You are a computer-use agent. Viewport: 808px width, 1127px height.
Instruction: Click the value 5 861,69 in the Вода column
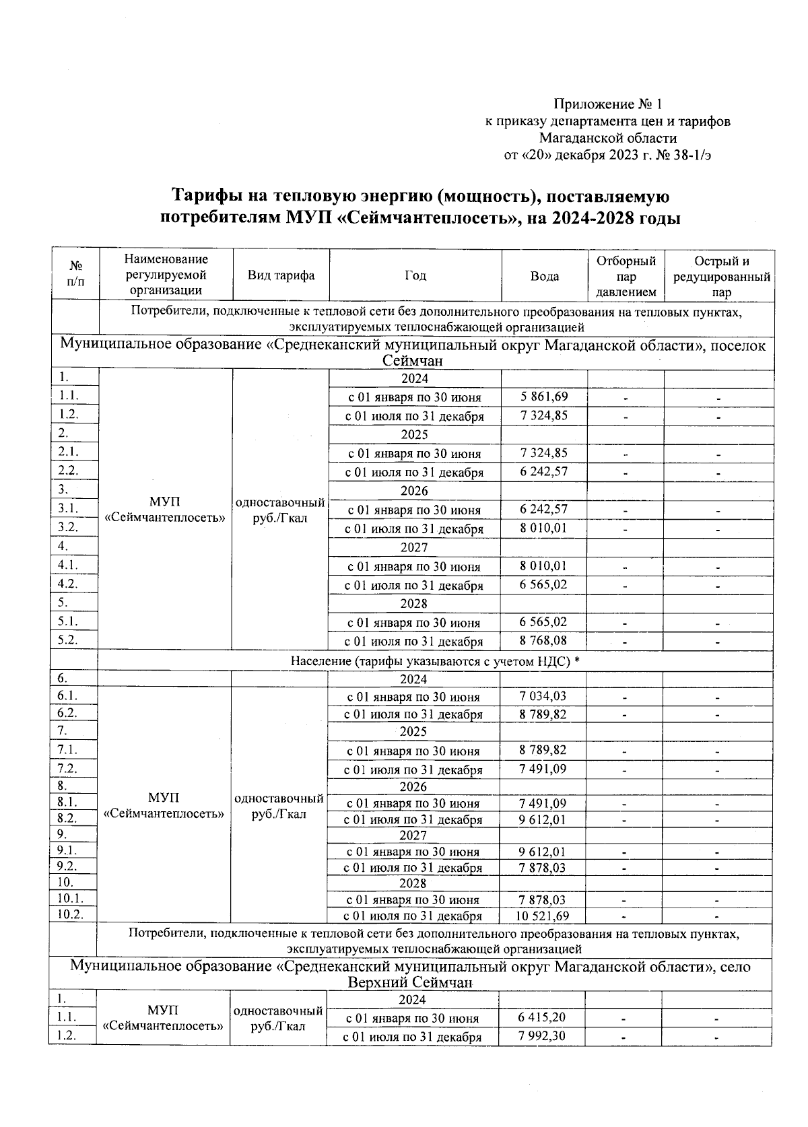(543, 397)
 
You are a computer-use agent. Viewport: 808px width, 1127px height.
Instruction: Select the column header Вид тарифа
(281, 275)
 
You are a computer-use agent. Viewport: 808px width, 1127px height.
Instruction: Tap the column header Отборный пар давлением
(626, 276)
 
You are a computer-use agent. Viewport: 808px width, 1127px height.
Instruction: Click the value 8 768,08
(543, 641)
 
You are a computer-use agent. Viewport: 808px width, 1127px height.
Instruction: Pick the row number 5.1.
(67, 621)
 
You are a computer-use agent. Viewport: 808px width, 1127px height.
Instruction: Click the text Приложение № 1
(607, 104)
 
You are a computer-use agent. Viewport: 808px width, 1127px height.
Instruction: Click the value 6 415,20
(541, 1017)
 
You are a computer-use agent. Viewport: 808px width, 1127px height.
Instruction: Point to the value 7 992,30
(541, 1036)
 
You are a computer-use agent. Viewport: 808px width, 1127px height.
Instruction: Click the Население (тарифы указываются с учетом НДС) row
(435, 661)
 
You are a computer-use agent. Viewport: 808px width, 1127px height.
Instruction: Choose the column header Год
(415, 275)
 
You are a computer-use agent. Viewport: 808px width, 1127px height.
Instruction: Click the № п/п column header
(76, 275)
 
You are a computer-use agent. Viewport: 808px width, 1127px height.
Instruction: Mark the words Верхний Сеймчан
(410, 982)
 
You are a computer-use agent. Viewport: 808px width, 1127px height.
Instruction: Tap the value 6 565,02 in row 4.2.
(543, 584)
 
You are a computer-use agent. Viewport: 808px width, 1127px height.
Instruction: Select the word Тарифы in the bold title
(205, 197)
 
